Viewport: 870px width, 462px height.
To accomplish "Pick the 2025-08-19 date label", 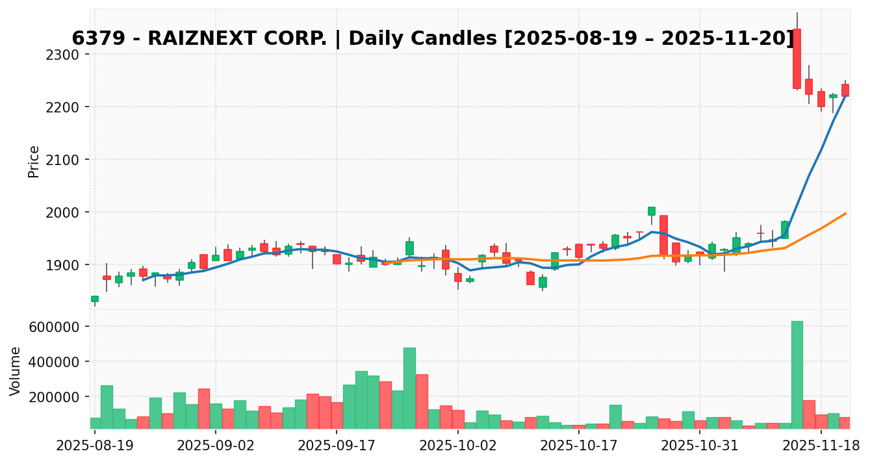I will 95,446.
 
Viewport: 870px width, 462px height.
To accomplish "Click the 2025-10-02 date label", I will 458,446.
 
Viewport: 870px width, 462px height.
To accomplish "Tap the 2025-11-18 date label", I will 821,446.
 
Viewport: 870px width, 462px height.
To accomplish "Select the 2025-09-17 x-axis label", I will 337,446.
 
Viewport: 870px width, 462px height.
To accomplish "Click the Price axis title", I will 34,161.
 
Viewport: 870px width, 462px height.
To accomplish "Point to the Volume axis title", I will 16,370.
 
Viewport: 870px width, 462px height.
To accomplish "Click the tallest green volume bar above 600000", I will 797,374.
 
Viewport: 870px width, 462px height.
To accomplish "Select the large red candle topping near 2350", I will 797,58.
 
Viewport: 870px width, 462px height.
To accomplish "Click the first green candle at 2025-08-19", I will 95,299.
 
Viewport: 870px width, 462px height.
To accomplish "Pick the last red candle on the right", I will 845,90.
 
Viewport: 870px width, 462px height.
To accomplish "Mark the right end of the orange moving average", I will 845,213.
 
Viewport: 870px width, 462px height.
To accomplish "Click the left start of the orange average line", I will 385,263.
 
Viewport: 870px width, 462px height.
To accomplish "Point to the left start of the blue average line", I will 143,280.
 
